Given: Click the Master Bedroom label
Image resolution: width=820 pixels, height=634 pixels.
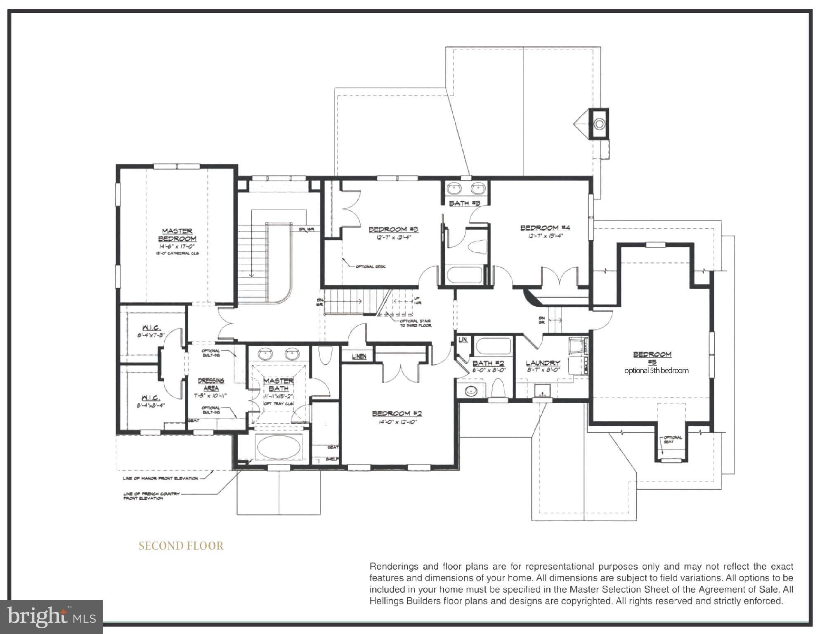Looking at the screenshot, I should tap(177, 235).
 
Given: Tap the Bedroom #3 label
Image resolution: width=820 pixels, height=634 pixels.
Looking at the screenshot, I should tap(393, 229).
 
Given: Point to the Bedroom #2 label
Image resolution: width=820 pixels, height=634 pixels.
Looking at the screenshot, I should tap(397, 413).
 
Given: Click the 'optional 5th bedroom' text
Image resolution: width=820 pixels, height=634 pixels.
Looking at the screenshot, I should tap(656, 370).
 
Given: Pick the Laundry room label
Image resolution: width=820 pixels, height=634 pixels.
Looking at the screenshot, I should tap(542, 363).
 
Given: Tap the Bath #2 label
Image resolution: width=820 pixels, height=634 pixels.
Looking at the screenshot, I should tap(488, 363).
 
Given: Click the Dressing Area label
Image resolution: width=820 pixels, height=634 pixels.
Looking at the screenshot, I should tap(211, 384).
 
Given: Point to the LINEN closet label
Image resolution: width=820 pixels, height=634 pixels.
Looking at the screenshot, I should tap(359, 356).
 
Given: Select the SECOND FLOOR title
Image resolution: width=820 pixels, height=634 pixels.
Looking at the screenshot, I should tap(181, 546).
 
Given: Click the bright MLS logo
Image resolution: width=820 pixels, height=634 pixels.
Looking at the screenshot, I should tap(51, 617).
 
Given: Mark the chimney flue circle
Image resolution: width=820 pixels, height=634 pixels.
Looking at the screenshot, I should tap(599, 123).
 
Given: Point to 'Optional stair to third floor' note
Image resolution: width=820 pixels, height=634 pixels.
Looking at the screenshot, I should tap(415, 323).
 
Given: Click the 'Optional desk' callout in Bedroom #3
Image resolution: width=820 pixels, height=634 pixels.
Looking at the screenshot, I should tap(370, 266).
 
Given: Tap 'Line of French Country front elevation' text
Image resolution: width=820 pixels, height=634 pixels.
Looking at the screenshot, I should tap(151, 496).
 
